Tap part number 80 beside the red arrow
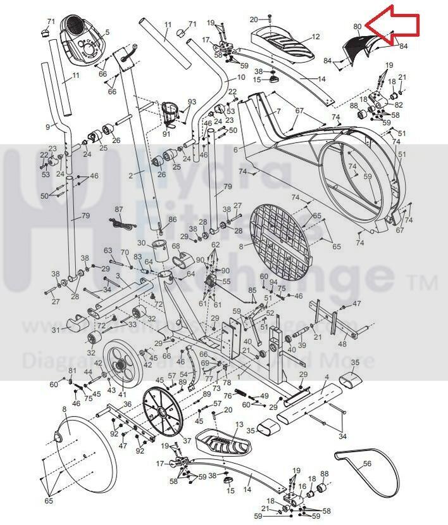click(x=358, y=27)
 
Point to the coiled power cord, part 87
click(x=117, y=222)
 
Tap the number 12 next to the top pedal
click(x=316, y=37)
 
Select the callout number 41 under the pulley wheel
click(x=122, y=395)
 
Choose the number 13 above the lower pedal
click(x=239, y=424)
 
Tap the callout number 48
click(x=342, y=344)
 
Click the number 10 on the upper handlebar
click(x=240, y=78)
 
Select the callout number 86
click(x=173, y=219)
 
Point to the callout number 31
click(x=56, y=330)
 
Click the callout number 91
click(x=166, y=134)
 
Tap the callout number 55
click(x=227, y=281)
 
